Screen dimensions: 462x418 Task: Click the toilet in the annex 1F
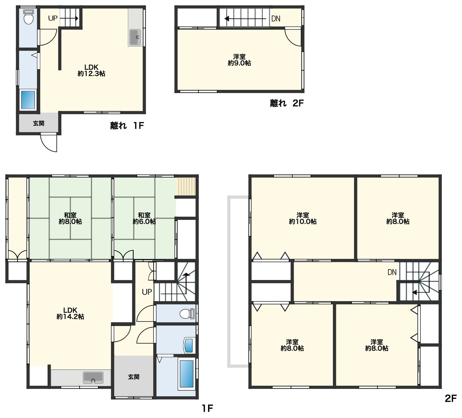point(29,17)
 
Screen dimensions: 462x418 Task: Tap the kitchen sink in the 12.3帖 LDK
point(135,37)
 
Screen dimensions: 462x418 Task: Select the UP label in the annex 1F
point(53,18)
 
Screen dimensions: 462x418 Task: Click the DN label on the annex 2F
point(276,18)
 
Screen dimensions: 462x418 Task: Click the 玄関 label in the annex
point(38,123)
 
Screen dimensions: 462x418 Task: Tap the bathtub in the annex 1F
point(28,100)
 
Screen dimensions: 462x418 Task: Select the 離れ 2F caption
point(287,103)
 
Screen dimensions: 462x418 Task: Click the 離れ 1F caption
point(127,125)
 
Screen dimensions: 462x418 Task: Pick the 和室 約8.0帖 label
point(70,218)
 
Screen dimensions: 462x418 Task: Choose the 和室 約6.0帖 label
point(144,218)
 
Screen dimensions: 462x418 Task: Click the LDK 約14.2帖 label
point(70,313)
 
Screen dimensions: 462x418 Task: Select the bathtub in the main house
point(187,374)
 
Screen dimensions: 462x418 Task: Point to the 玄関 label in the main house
point(133,377)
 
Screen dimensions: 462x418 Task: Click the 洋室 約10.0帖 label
point(302,218)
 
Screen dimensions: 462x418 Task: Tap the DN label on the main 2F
point(392,272)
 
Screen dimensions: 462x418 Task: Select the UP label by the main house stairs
point(147,292)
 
